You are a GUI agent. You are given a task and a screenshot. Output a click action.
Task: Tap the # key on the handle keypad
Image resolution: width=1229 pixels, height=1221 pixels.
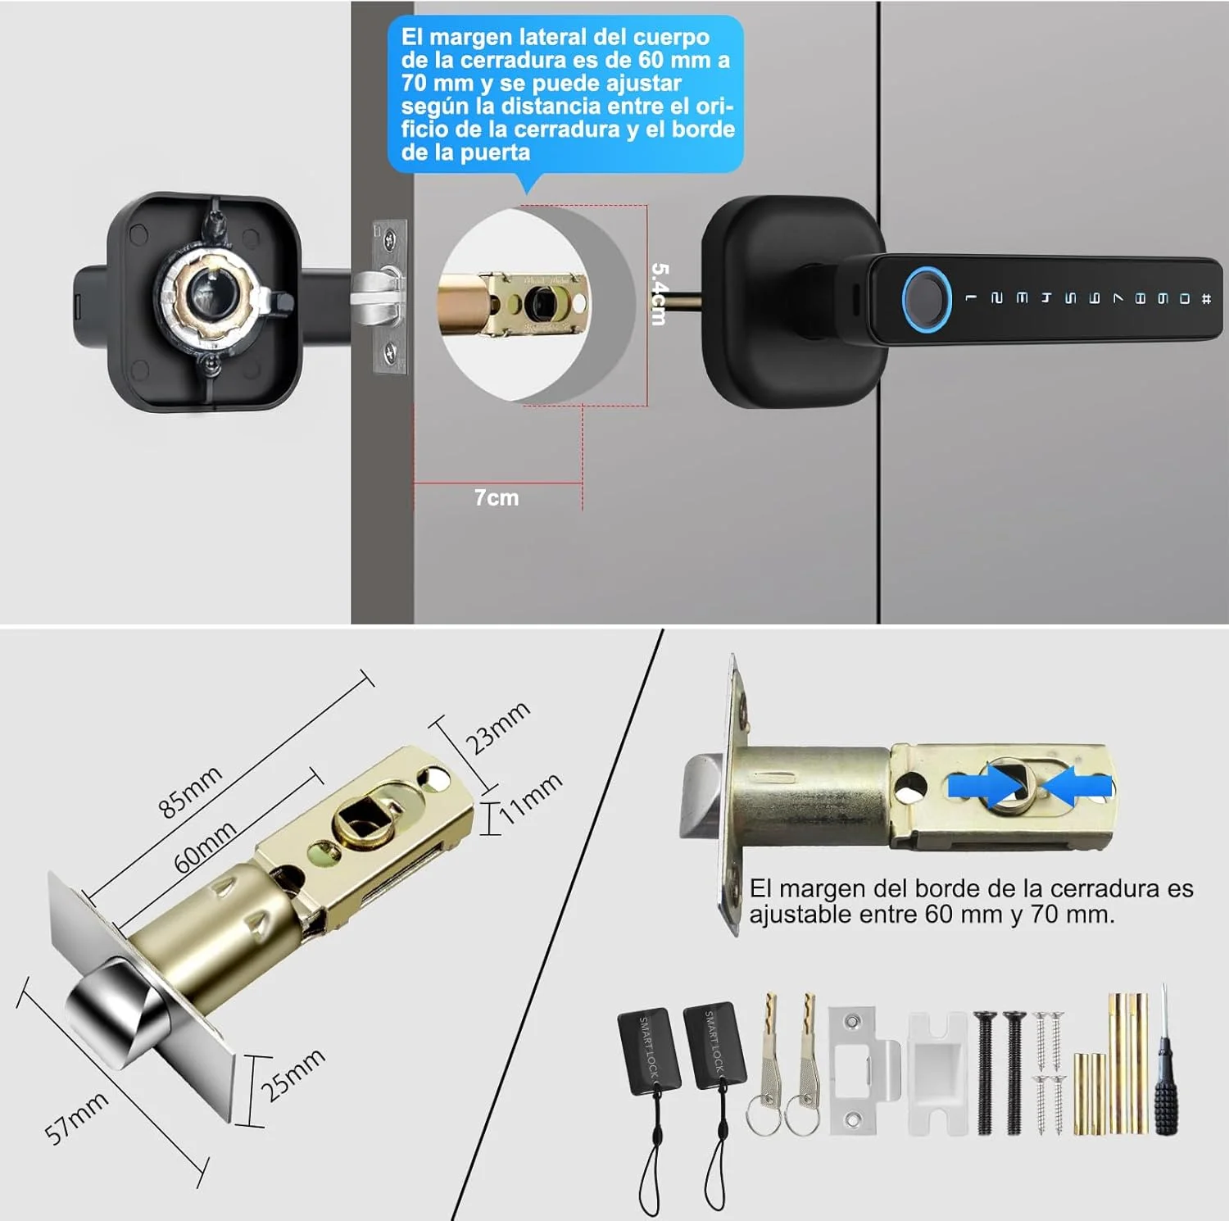(x=1206, y=299)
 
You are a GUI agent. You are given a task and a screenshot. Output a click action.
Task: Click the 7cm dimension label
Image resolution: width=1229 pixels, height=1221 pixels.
(x=497, y=497)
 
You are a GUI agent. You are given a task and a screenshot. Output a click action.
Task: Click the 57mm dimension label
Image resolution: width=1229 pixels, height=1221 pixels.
(x=76, y=1118)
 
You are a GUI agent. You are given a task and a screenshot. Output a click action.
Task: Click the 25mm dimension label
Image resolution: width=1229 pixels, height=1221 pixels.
(x=293, y=1074)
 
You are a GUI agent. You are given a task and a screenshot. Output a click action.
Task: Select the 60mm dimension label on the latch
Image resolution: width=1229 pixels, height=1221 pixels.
(x=205, y=847)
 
